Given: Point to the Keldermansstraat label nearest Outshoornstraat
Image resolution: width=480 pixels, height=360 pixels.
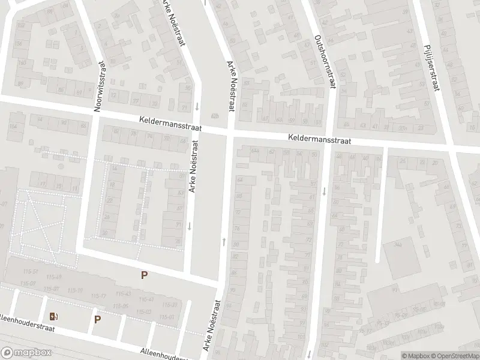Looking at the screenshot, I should click(x=319, y=139).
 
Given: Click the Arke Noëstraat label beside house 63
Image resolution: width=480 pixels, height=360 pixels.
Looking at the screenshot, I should click(x=193, y=169).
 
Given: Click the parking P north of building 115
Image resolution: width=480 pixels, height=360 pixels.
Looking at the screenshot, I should click(x=144, y=275).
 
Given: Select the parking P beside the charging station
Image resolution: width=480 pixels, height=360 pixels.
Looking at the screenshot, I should click(x=97, y=319).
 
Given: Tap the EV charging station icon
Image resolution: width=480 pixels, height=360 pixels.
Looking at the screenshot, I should click(x=55, y=317).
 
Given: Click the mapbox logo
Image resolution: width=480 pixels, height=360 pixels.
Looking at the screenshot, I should click(x=25, y=353).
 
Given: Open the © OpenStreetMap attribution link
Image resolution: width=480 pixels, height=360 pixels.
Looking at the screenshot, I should click(x=455, y=356).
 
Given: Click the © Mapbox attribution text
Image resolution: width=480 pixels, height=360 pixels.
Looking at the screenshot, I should click(x=416, y=356).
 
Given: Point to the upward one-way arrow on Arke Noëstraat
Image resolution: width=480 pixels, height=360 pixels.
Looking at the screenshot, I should click(x=224, y=241).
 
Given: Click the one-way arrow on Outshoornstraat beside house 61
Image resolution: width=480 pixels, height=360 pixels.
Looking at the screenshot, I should click(x=324, y=191).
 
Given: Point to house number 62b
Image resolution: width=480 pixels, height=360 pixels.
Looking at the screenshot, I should click(x=215, y=116).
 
